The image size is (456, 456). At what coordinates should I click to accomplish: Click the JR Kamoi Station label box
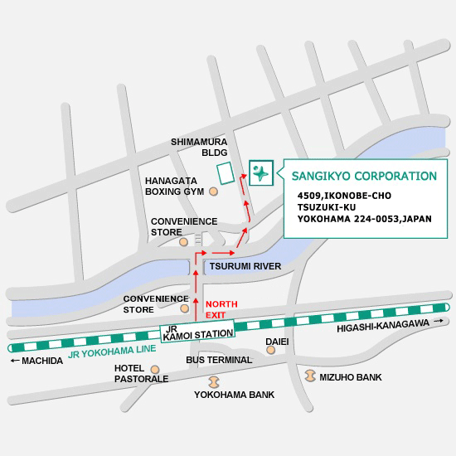click(x=197, y=331)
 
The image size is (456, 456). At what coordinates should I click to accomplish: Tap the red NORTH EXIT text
click(x=221, y=310)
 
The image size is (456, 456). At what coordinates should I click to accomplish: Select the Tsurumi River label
click(x=245, y=266)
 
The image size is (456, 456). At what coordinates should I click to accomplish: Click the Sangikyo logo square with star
click(x=261, y=172)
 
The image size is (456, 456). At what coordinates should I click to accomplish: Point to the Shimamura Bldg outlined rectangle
click(x=226, y=173)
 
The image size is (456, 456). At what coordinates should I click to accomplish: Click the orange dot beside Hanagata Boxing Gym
click(x=214, y=192)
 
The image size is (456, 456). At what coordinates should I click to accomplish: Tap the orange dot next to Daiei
click(x=271, y=350)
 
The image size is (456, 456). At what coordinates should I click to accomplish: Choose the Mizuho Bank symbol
click(x=310, y=376)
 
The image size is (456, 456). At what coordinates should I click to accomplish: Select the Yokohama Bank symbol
click(x=214, y=382)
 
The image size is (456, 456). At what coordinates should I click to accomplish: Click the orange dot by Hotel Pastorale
click(x=155, y=370)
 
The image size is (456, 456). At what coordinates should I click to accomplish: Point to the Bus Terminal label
click(x=219, y=360)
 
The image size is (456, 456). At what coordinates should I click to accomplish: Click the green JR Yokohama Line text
click(x=112, y=352)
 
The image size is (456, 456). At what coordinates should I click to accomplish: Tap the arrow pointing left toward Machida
click(x=15, y=361)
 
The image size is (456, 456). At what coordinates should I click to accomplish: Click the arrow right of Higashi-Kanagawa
click(x=439, y=321)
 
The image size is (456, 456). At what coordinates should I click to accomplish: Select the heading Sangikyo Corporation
click(x=364, y=176)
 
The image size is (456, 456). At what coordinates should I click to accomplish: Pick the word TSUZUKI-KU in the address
click(x=327, y=207)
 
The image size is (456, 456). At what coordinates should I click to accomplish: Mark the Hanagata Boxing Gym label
click(x=174, y=186)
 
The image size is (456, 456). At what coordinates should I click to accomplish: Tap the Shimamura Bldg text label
click(x=199, y=147)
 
